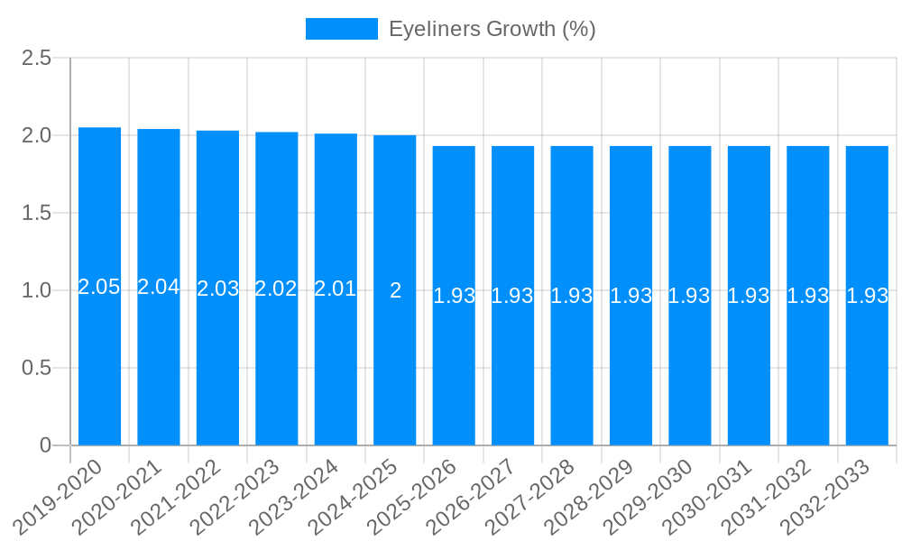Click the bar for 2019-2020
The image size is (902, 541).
99,361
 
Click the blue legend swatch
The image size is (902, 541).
342,29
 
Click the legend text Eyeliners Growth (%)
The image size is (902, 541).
492,29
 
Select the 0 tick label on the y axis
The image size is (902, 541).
46,445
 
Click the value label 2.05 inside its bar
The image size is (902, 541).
99,287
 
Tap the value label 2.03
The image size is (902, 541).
217,289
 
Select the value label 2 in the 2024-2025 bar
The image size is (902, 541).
395,290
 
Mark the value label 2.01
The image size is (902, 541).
336,289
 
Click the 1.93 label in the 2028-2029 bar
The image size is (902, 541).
630,296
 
